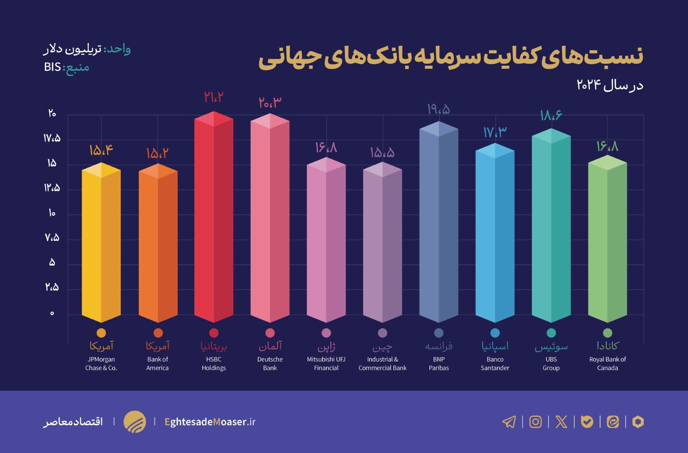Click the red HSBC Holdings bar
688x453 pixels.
(214, 218)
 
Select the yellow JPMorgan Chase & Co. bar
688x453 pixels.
(101, 243)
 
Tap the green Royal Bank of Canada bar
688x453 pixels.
(607, 239)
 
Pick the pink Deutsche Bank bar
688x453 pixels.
(270, 220)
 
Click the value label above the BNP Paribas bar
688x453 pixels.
(438, 109)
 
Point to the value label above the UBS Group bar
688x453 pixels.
(551, 115)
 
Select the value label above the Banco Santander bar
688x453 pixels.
(494, 133)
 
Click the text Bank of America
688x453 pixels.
(158, 364)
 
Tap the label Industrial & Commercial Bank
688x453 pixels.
(382, 364)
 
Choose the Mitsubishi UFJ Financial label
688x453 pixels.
(326, 364)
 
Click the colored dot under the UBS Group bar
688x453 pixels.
(551, 333)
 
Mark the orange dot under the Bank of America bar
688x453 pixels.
(158, 333)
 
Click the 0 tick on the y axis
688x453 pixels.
(52, 313)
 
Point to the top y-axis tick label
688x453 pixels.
(52, 113)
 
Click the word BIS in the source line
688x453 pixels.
(52, 67)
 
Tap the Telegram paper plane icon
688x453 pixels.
(509, 422)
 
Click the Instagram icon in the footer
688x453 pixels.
(535, 422)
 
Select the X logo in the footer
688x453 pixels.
(561, 422)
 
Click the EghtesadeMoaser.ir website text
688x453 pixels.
(210, 422)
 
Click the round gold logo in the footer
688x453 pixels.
(134, 422)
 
